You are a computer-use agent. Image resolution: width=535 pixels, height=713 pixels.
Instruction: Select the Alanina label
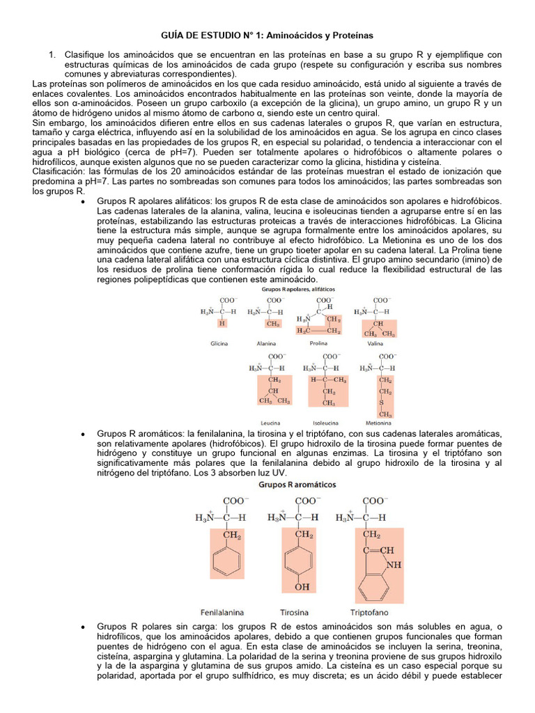coord(265,343)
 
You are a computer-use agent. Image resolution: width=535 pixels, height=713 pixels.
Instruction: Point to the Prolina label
coord(318,343)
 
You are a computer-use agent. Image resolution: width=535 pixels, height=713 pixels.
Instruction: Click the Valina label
coord(375,343)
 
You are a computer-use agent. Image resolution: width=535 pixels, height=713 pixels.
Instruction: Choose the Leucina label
coord(270,423)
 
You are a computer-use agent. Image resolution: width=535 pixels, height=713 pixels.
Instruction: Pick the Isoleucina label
coord(325,423)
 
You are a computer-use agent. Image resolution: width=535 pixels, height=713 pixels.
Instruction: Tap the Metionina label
coord(378,423)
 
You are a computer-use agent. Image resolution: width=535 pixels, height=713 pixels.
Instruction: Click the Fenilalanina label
coord(222,613)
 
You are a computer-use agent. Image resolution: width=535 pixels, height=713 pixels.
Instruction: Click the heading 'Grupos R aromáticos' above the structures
coord(297,483)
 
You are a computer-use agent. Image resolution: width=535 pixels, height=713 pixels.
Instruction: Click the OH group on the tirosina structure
coord(302,587)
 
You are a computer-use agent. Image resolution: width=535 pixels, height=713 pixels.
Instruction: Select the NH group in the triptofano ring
coord(394,565)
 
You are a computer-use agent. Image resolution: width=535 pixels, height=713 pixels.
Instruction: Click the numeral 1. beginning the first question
coord(51,54)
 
